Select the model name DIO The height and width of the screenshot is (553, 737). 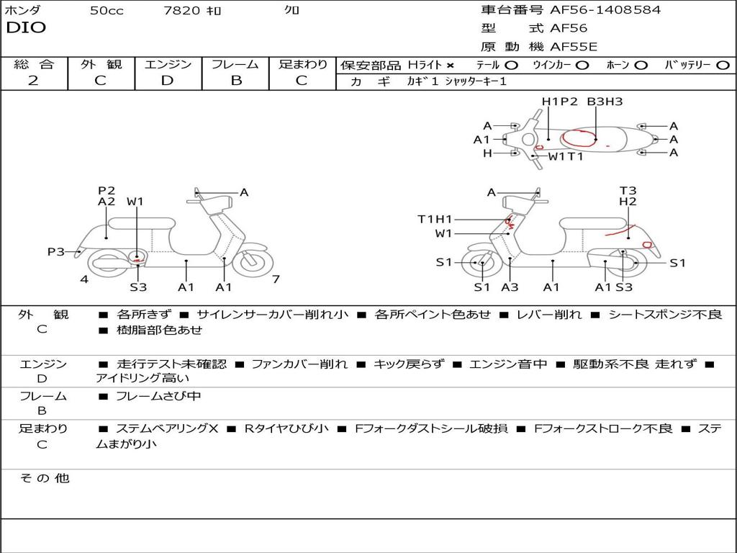click(26, 28)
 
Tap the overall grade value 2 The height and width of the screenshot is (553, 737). click(33, 80)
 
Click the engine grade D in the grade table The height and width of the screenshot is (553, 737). click(168, 80)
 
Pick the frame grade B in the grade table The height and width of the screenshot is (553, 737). click(236, 80)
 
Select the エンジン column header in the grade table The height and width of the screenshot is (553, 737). click(168, 64)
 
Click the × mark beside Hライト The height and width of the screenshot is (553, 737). click(450, 66)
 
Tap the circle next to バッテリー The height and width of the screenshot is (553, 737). click(723, 66)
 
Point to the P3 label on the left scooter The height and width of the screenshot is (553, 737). click(55, 251)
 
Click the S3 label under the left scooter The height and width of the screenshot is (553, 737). click(138, 287)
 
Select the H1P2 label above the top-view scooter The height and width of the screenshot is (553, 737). click(560, 102)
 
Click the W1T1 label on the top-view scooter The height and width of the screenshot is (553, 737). click(566, 156)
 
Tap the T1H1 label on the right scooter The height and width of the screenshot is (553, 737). click(435, 220)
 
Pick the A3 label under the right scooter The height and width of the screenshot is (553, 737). click(510, 287)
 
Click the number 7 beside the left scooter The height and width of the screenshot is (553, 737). click(276, 279)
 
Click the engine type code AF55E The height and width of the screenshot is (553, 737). click(574, 47)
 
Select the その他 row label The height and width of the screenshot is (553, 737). click(44, 478)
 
